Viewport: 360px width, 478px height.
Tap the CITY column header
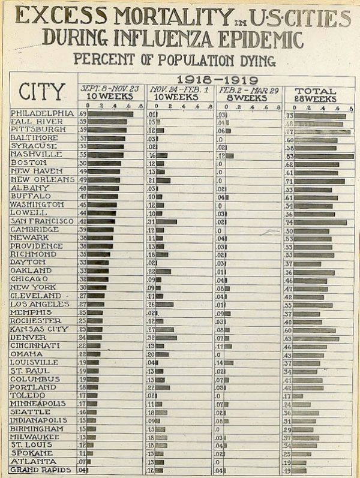42,92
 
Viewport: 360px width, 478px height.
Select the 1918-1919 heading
217,80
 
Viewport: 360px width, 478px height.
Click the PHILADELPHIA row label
43,113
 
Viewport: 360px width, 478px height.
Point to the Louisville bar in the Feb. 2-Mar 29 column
229,362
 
